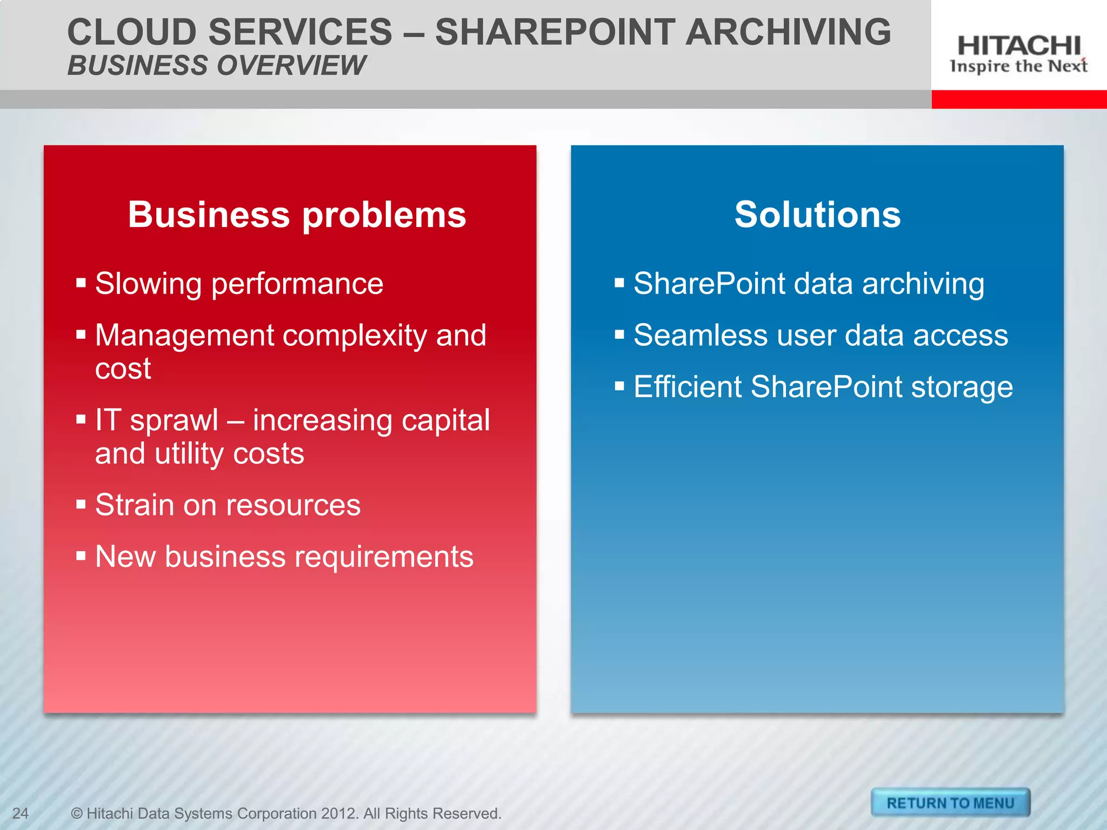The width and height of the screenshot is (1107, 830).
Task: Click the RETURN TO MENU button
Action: point(950,803)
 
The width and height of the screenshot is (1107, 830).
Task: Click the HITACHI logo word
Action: point(1019,45)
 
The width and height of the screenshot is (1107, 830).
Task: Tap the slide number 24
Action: point(21,813)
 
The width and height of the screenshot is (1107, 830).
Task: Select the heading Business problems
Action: point(297,215)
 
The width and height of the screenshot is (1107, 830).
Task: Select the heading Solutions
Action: point(817,215)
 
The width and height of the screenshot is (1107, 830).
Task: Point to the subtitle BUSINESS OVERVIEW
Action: point(217,65)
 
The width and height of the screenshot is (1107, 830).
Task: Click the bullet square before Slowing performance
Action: point(81,283)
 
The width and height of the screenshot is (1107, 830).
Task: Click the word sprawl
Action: point(174,420)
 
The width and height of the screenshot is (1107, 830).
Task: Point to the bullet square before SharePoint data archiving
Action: point(619,283)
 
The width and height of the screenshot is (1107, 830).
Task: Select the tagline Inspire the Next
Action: point(1018,66)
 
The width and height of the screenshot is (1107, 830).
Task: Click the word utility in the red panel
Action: point(189,453)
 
